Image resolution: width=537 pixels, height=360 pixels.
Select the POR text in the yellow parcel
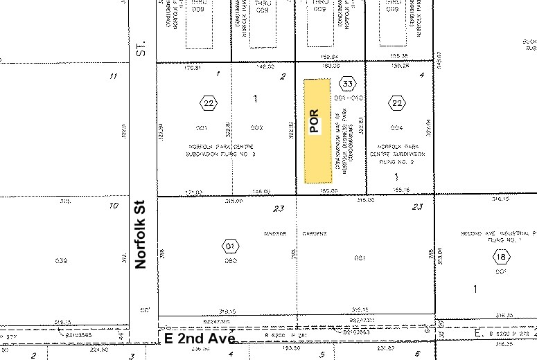pos(314,121)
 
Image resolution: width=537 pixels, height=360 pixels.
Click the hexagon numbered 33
pos(348,84)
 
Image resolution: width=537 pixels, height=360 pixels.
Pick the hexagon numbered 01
pos(230,245)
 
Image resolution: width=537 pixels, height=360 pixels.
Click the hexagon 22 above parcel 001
pos(209,104)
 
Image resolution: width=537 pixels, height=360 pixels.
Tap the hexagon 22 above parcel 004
pos(396,104)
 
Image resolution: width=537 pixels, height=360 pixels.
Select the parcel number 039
pos(60,260)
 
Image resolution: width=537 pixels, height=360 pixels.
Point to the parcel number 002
pos(256,128)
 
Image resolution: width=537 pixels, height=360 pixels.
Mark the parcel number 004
pos(396,128)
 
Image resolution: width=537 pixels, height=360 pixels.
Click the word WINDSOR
pos(275,233)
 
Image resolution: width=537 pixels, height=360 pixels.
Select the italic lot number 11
pos(113,75)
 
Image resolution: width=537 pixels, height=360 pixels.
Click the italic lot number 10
pos(113,206)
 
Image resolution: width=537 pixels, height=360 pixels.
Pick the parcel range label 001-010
pos(349,98)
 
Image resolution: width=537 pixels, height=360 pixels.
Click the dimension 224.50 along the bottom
pos(100,350)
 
